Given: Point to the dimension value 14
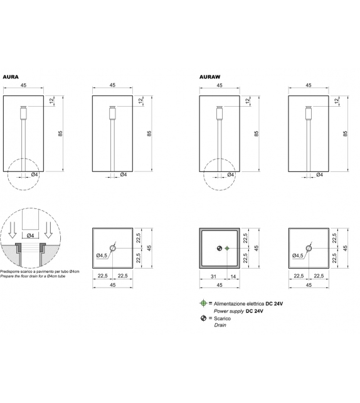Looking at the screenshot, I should (x=233, y=276).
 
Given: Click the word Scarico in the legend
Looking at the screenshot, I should (x=223, y=319).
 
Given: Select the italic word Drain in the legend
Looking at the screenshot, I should (x=221, y=326).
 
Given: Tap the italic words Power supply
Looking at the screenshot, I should (x=228, y=311).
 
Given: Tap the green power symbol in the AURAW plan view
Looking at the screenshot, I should (x=227, y=249).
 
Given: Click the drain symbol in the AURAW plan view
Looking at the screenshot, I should (x=219, y=249).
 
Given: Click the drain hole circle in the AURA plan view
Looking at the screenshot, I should (x=112, y=249).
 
